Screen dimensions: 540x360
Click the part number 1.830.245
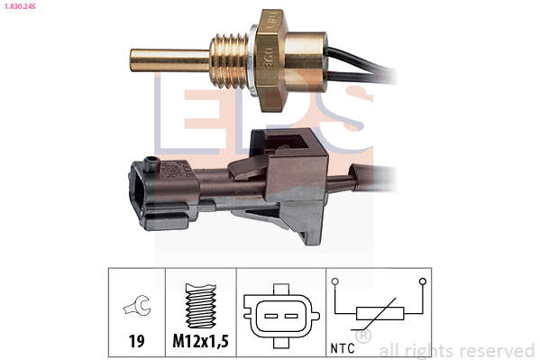coord(20,5)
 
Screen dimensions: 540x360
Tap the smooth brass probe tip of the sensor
coord(169,60)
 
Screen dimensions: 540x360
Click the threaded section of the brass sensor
coord(229,61)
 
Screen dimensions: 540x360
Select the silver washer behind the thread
coord(252,60)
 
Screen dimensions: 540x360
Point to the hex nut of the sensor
coord(271,60)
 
